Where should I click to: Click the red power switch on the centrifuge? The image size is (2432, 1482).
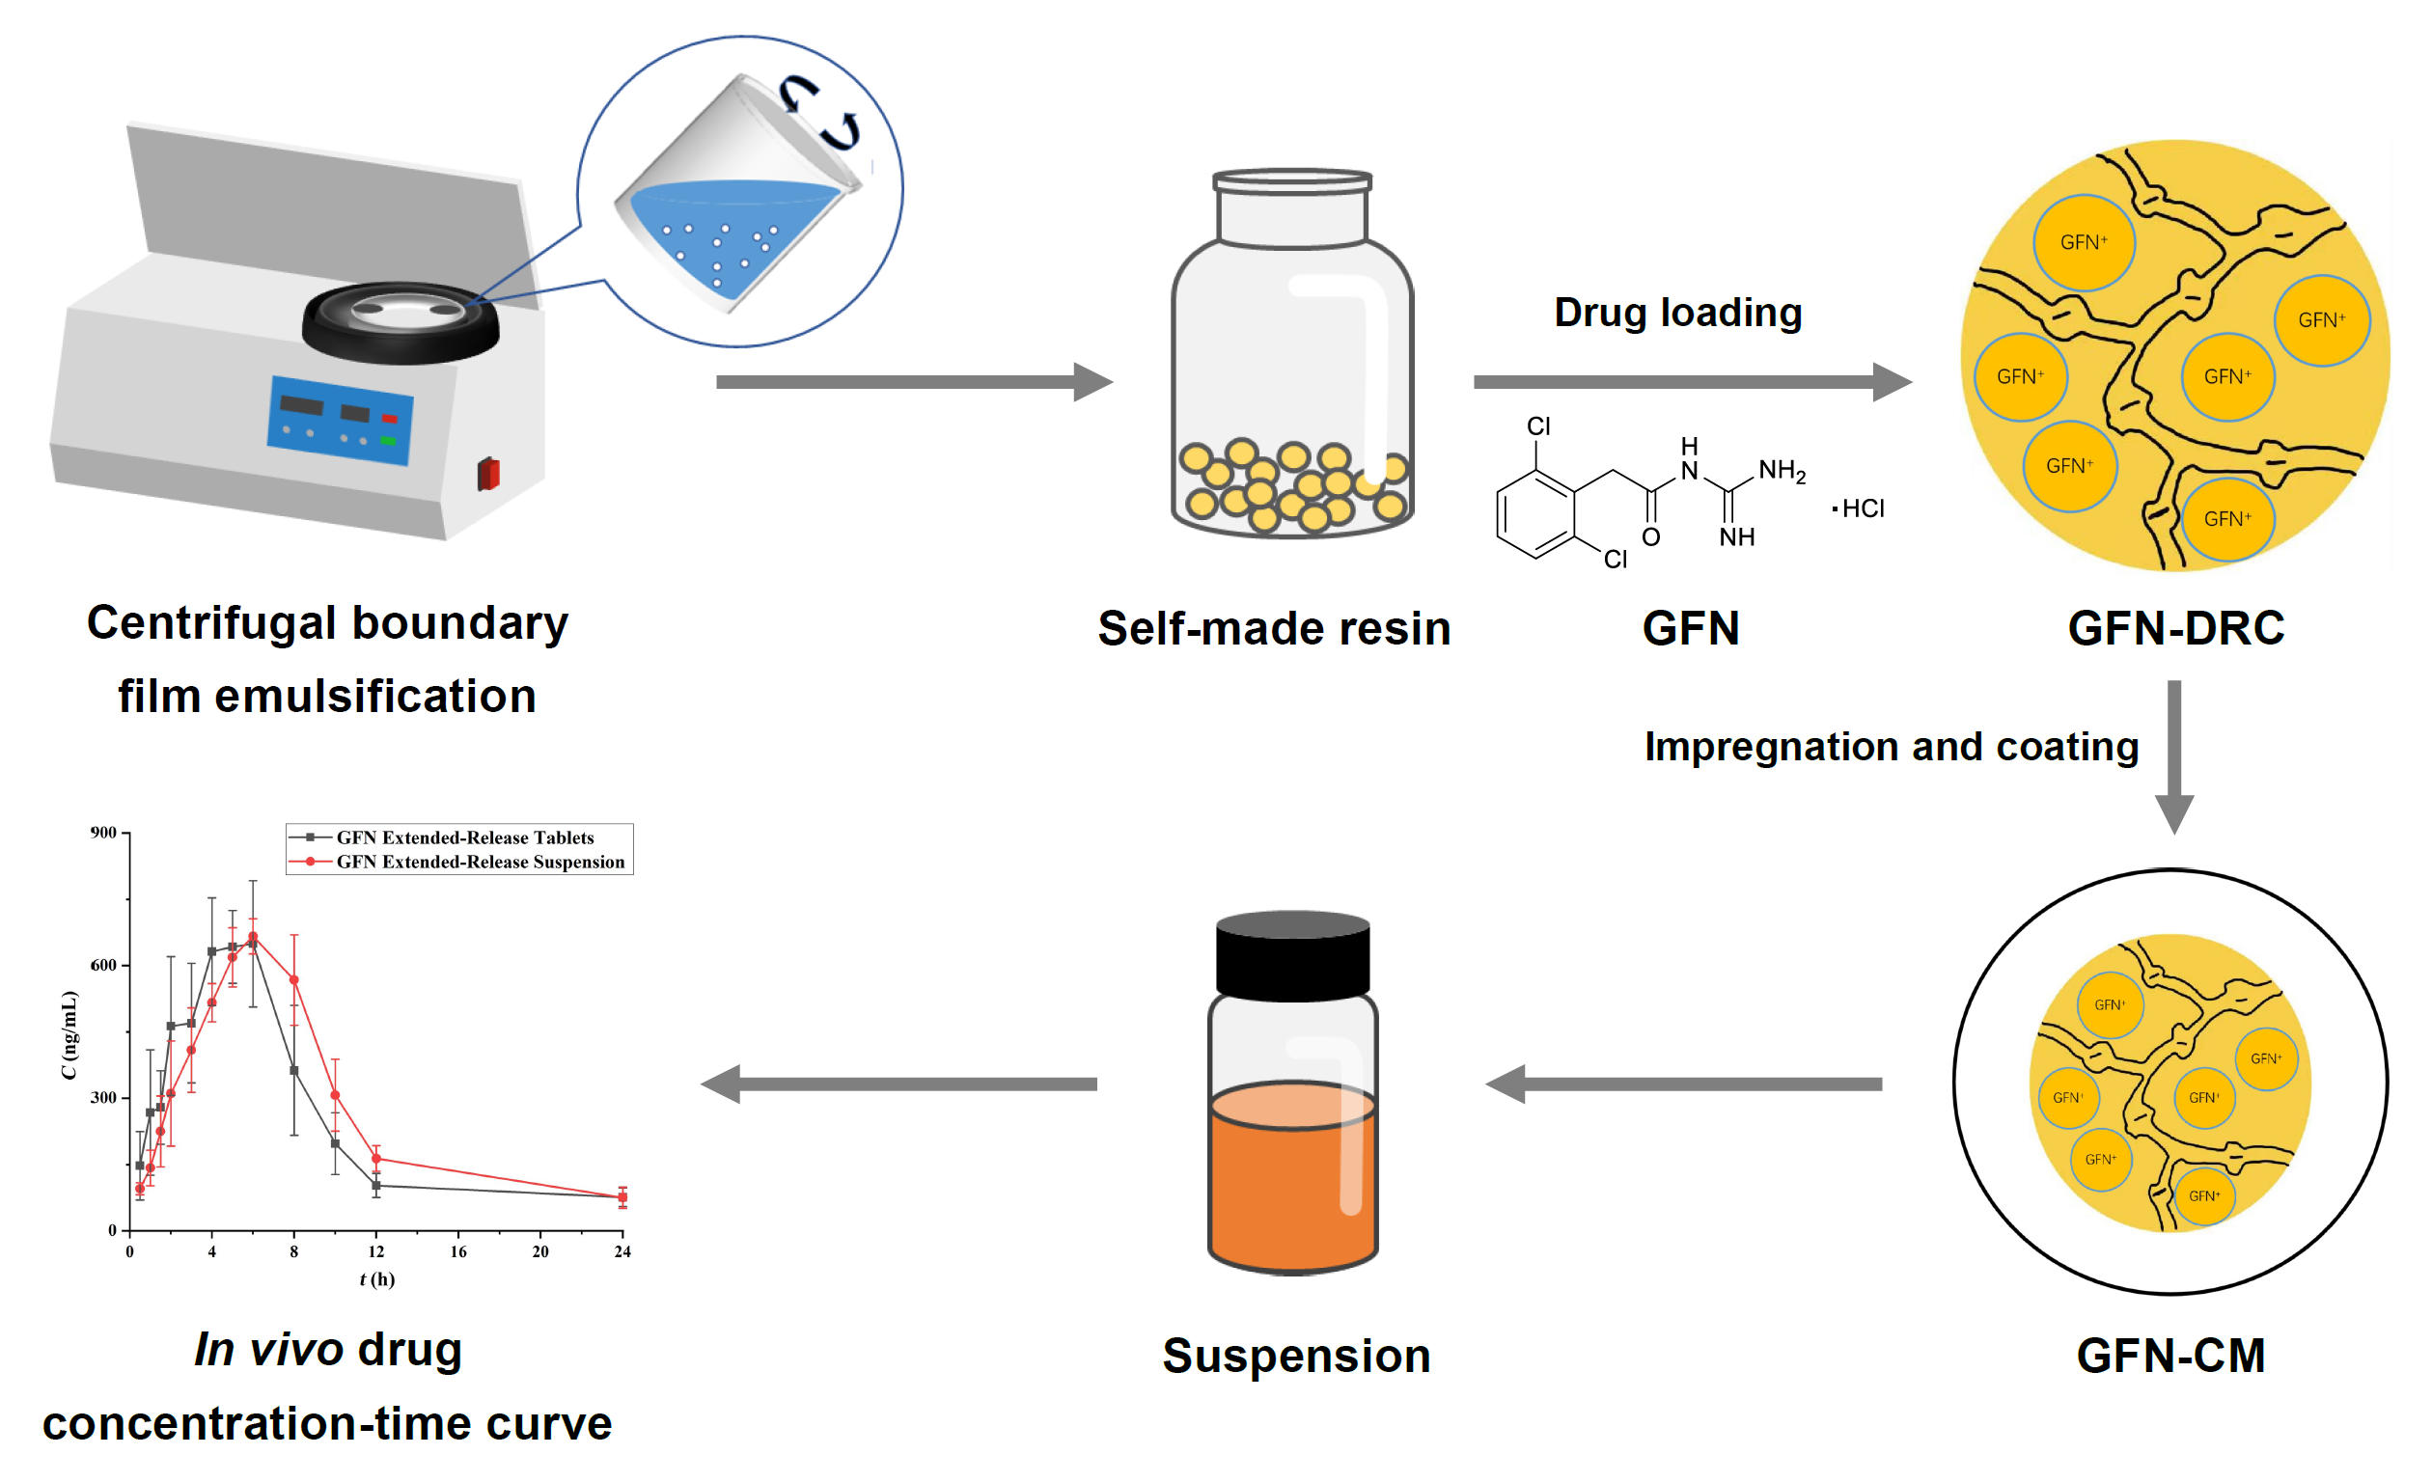pos(488,474)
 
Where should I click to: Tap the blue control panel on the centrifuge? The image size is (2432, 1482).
pos(340,421)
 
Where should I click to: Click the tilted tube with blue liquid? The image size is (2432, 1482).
pos(735,198)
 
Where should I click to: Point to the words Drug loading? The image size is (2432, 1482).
pos(1678,313)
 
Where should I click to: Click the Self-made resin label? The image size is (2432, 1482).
pos(1274,628)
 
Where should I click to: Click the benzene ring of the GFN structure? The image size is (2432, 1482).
pos(1535,514)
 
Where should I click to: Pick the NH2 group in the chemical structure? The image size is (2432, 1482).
pos(1782,471)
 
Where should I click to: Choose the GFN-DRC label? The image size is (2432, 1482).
pos(2175,628)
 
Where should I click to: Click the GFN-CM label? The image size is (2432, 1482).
pos(2170,1356)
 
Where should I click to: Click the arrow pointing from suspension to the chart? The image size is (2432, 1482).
pos(898,1084)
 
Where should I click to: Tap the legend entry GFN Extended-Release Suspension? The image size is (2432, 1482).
pos(480,862)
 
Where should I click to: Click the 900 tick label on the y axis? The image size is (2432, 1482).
pos(103,833)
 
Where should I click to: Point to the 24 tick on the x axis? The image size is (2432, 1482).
pos(622,1251)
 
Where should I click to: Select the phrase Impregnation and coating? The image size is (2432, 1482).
pos(1892,747)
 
